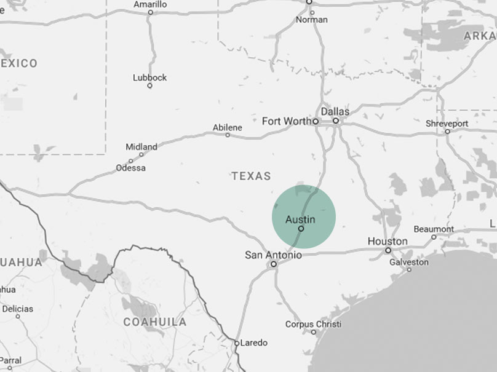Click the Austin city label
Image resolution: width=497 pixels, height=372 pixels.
pos(300,220)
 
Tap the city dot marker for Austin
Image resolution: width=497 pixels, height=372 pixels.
pos(301,229)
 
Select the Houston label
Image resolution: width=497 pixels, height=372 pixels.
pos(388,241)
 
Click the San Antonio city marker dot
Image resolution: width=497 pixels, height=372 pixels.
pos(274,264)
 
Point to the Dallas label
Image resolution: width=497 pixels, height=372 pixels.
pos(335,112)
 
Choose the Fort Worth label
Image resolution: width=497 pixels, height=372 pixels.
pos(287,121)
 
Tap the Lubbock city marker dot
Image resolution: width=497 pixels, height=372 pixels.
pos(149,86)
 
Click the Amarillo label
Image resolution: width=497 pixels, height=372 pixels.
pos(150,4)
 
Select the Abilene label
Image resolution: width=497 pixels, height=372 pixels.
pos(228,127)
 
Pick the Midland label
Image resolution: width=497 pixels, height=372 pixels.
pos(141,147)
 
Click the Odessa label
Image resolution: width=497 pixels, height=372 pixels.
pos(131,168)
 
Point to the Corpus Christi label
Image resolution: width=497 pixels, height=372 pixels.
pos(313,324)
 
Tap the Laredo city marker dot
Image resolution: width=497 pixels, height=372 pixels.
pos(237,343)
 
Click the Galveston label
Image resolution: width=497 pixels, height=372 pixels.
pos(409,262)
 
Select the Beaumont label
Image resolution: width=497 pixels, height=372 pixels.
pos(434,229)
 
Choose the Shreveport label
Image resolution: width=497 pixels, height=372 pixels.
pos(447,124)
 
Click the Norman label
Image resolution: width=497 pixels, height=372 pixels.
pos(312,20)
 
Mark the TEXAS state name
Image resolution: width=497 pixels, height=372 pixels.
pos(251,176)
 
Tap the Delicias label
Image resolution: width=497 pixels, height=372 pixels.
pos(17,309)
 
